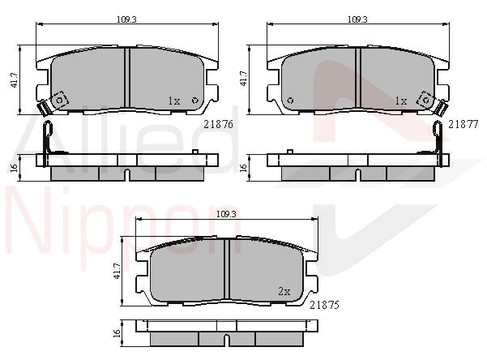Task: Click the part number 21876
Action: (218, 124)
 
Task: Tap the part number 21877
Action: (463, 124)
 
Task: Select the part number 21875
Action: (325, 306)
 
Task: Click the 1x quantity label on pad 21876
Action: (174, 101)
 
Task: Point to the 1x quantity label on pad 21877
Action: (400, 101)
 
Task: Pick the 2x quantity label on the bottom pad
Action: (284, 291)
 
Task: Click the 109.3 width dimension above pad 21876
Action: (126, 19)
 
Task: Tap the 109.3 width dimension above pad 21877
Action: (357, 19)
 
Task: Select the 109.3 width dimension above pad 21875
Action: (226, 214)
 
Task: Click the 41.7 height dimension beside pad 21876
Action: (15, 80)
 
